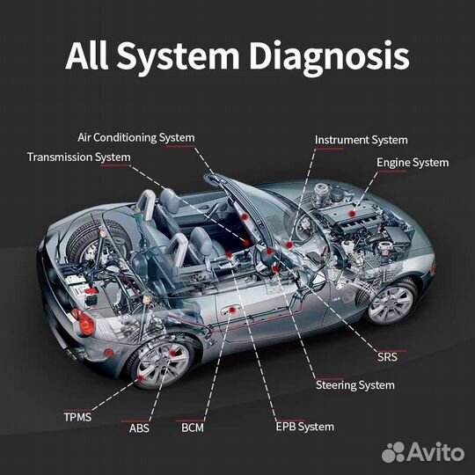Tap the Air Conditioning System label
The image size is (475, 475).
tap(136, 137)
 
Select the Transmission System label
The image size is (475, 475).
tap(79, 157)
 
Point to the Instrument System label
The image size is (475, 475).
tap(362, 140)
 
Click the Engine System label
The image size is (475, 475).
tap(413, 163)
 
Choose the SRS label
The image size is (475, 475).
tap(387, 357)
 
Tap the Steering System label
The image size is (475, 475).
tap(355, 385)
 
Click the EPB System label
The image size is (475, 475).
tap(304, 427)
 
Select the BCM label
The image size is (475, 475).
tap(193, 427)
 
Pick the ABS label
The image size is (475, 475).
tap(139, 428)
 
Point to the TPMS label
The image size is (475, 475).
tap(77, 417)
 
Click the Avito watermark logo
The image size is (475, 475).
tap(423, 452)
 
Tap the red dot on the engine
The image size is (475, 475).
tap(352, 214)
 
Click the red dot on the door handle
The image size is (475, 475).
tap(232, 310)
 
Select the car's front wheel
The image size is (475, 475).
tap(391, 303)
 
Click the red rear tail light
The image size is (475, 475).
tap(84, 323)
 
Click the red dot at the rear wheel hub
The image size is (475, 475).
tap(173, 354)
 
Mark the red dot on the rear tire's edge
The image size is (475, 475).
tap(141, 378)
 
